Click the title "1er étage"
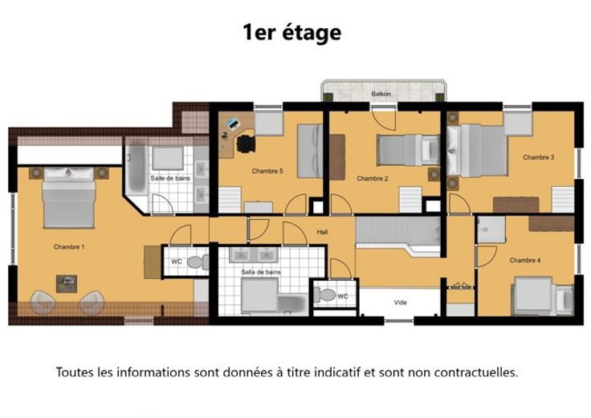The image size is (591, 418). (292, 32)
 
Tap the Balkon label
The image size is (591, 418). (381, 94)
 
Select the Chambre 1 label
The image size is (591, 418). (69, 247)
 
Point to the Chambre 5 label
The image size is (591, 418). (267, 171)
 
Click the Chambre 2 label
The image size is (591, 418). (373, 178)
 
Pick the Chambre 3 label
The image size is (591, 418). (539, 157)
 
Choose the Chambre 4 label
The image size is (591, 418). (525, 260)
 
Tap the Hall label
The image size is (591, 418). (322, 232)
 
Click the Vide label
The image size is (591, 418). (400, 302)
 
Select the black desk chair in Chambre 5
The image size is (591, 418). (246, 144)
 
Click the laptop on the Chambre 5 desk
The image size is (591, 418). (232, 124)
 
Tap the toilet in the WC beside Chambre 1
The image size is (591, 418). (197, 262)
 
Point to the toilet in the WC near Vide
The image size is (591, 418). (324, 294)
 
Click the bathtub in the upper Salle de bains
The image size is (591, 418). (137, 169)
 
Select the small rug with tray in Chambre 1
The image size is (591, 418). (67, 283)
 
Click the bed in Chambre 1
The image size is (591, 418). (69, 197)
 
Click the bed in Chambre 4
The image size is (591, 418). (542, 295)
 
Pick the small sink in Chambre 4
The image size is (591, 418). (491, 229)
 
